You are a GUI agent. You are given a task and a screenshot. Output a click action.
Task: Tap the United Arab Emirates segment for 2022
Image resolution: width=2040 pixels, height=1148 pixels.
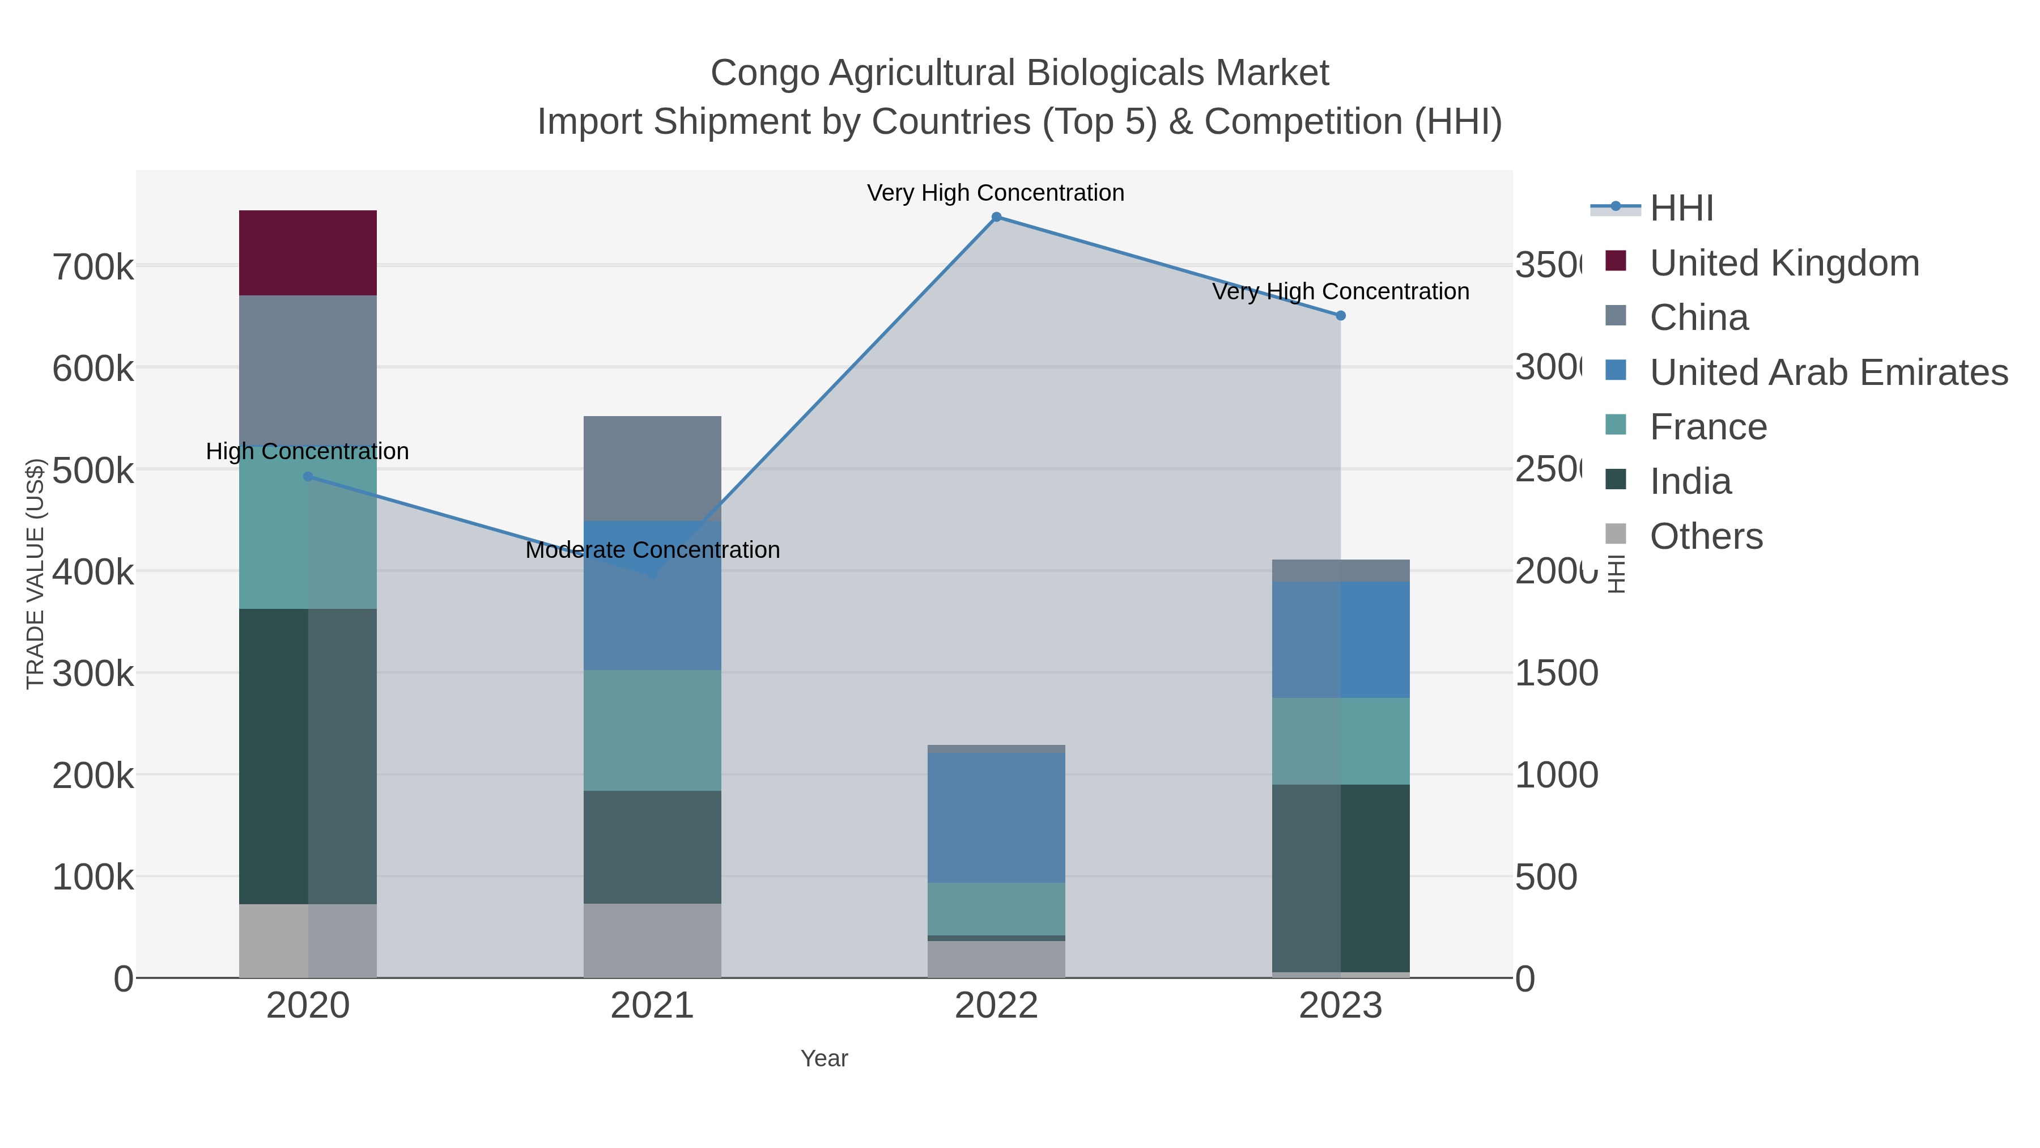point(996,817)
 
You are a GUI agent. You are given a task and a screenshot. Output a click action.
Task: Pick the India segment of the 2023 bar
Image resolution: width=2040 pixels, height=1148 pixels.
point(1340,878)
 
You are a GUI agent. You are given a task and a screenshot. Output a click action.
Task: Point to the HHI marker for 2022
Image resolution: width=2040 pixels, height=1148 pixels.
point(996,217)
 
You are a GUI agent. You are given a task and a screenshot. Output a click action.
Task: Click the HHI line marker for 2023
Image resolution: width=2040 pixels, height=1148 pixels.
point(1341,315)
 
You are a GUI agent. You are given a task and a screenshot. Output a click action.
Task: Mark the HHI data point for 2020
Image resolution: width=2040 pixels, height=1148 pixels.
point(308,476)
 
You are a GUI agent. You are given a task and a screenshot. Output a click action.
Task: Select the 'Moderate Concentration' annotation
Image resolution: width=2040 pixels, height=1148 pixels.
point(653,550)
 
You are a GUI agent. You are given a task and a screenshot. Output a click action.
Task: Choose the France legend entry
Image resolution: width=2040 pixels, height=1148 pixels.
point(1707,427)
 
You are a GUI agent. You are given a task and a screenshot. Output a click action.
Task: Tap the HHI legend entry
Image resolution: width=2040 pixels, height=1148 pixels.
point(1681,209)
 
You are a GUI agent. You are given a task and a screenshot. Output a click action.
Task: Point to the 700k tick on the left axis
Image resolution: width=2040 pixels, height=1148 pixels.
point(93,268)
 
